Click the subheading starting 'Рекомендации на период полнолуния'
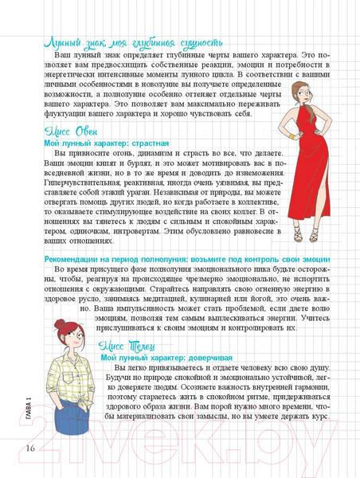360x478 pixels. pyautogui.click(x=181, y=260)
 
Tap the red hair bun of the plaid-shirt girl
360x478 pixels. pyautogui.click(x=60, y=326)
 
